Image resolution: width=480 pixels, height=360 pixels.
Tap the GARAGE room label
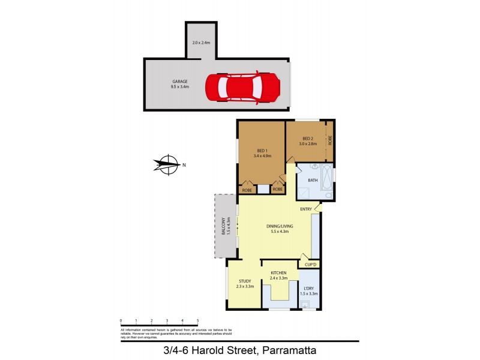179,81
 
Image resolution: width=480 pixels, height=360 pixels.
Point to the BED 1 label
262,151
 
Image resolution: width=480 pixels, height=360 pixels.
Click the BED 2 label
308,139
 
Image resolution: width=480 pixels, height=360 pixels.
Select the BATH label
313,180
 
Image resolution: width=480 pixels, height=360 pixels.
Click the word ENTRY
306,209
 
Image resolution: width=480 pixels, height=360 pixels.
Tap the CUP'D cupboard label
310,265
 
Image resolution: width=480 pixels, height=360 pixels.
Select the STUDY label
245,281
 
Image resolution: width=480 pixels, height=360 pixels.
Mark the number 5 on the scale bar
197,320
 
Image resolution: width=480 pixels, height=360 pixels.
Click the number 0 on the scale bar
121,320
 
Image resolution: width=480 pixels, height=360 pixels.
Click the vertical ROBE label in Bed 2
329,140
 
